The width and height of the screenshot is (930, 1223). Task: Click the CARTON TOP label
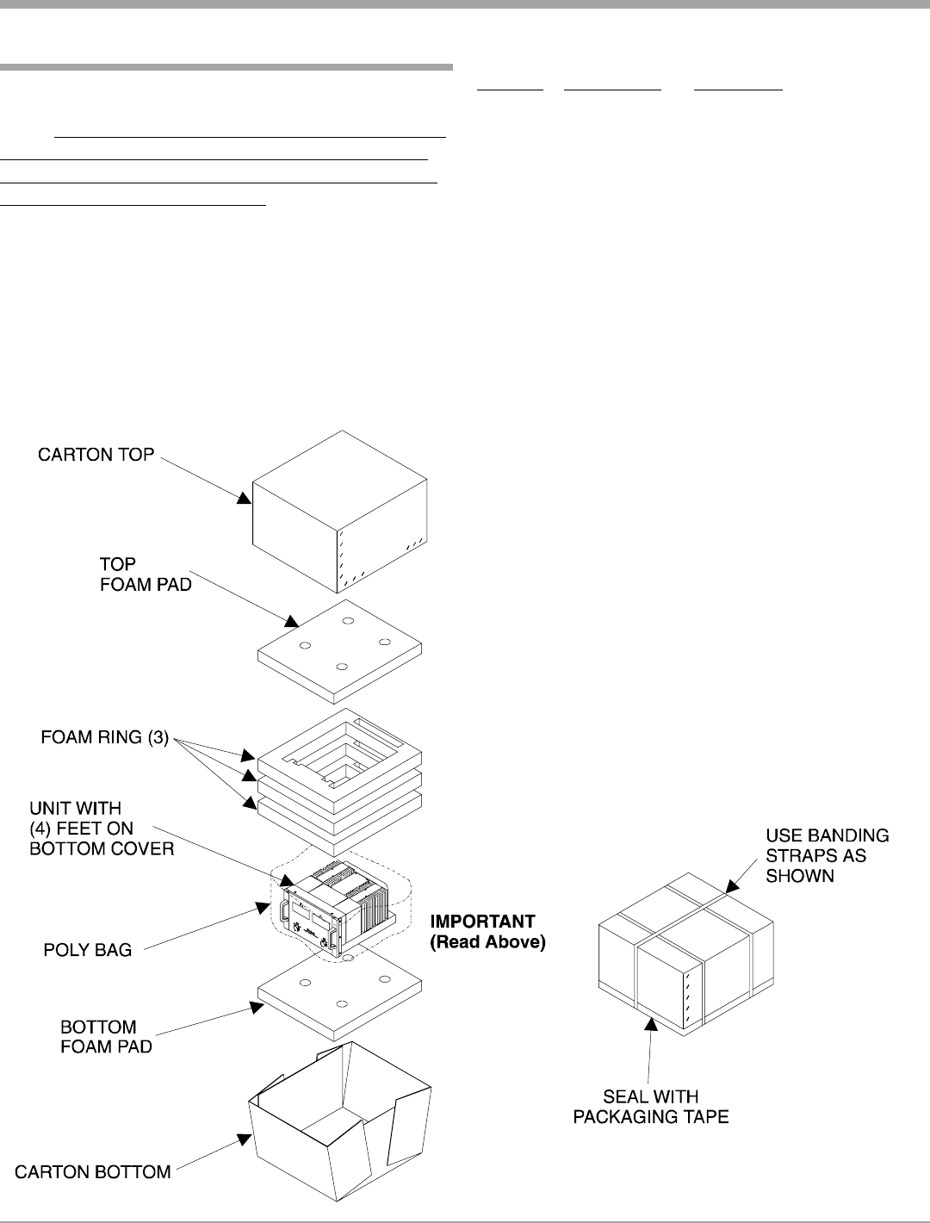coord(96,454)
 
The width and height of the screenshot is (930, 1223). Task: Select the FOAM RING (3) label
coord(104,739)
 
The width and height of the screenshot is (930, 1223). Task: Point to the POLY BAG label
coord(88,951)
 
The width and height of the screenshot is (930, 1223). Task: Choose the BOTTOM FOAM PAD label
coord(105,1037)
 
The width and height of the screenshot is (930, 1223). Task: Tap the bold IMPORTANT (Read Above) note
coord(487,932)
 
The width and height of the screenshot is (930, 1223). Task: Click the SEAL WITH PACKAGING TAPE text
coord(662,1107)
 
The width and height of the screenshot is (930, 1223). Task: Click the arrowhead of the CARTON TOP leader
coord(246,498)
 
